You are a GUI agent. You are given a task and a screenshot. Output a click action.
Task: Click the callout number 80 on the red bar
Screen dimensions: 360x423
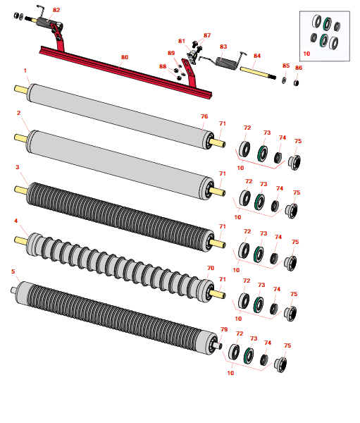tap(125, 57)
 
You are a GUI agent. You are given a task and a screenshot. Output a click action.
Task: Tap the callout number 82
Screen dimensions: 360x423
tap(56, 10)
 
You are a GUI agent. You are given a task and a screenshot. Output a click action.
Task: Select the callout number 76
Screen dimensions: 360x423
tap(204, 116)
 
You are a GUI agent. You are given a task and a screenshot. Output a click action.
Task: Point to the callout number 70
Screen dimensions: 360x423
tap(211, 268)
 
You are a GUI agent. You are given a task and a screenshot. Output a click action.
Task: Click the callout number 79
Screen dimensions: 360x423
tap(224, 329)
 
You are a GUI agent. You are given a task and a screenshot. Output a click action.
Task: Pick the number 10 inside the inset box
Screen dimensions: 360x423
tap(306, 54)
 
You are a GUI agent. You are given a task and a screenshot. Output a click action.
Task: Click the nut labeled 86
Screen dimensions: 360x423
tap(296, 82)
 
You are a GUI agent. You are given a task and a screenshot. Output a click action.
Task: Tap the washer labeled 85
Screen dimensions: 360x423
tap(284, 80)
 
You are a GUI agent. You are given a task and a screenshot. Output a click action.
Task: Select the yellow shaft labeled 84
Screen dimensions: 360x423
tap(258, 73)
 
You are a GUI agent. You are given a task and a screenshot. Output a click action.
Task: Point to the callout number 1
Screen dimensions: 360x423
tap(25, 70)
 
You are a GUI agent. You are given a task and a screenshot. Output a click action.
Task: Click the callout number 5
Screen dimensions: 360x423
tap(13, 271)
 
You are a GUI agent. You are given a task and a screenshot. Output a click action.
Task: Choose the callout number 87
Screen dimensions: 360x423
tap(207, 35)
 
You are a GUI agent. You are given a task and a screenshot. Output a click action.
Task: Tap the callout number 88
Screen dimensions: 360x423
tap(163, 66)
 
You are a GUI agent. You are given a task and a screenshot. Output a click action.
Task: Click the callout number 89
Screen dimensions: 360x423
tap(171, 53)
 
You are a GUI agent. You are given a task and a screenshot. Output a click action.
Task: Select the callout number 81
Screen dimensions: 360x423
tap(182, 41)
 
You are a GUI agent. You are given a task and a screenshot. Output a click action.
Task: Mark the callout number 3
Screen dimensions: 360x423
tap(17, 167)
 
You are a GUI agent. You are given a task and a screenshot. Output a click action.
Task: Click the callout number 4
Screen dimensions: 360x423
tap(15, 221)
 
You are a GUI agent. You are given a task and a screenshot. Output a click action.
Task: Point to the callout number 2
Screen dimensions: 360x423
tap(18, 113)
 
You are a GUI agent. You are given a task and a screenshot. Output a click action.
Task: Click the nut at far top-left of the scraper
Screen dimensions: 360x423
tap(16, 16)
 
